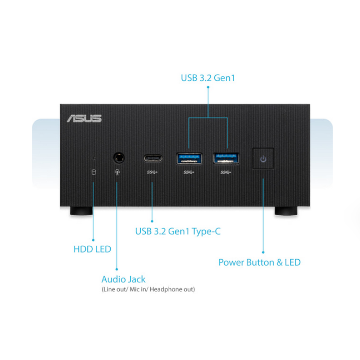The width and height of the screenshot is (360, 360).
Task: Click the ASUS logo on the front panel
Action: click(x=84, y=118)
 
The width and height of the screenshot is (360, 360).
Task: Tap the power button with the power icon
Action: click(x=263, y=159)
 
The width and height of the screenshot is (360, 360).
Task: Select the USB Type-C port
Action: click(x=153, y=158)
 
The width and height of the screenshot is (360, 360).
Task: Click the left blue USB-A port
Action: click(x=189, y=158)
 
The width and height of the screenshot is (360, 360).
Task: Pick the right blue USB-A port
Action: click(x=226, y=158)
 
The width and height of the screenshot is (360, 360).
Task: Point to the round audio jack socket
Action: click(x=119, y=158)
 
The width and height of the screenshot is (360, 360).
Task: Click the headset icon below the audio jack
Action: click(x=117, y=172)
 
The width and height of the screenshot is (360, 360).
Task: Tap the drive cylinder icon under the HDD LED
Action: click(x=94, y=172)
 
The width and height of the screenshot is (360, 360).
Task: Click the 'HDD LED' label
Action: click(x=92, y=249)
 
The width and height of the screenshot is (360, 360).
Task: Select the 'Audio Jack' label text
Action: click(x=123, y=279)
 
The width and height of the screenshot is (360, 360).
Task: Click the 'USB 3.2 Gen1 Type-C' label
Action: click(x=178, y=231)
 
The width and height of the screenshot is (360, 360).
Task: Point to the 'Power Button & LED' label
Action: click(x=260, y=262)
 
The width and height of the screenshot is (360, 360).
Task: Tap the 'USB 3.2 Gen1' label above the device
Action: click(x=208, y=78)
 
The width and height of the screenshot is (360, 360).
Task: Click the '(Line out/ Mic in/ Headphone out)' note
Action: click(x=148, y=289)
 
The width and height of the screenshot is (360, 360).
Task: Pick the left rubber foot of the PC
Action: click(x=81, y=211)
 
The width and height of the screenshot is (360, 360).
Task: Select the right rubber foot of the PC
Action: click(x=286, y=211)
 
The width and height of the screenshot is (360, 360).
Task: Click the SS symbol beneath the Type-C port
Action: click(x=152, y=172)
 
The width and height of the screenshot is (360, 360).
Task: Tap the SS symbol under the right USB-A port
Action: click(x=226, y=172)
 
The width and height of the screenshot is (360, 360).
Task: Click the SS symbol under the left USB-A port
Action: click(x=189, y=172)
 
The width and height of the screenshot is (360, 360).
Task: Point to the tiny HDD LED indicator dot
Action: click(x=94, y=158)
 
